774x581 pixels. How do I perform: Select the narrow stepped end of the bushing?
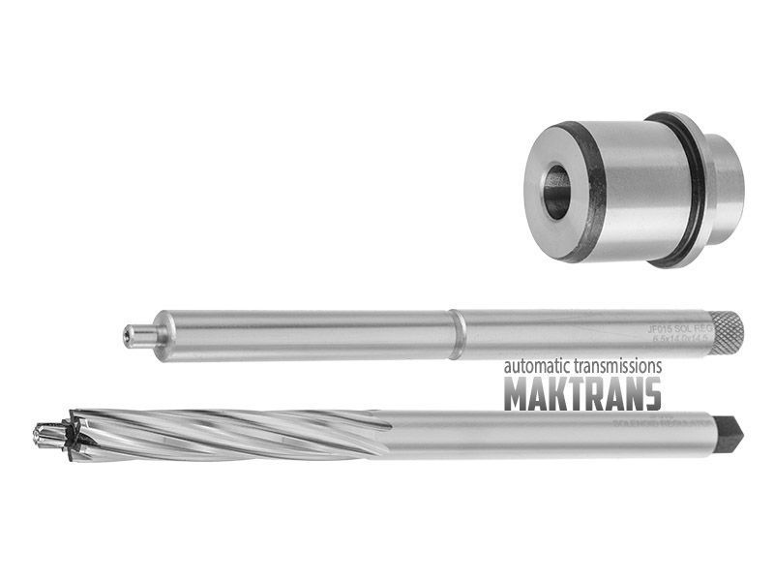[x=724, y=188]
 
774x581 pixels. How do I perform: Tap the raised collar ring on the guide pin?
[x=458, y=334]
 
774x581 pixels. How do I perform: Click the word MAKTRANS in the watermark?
[x=582, y=394]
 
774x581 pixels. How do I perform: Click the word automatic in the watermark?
[x=538, y=367]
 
